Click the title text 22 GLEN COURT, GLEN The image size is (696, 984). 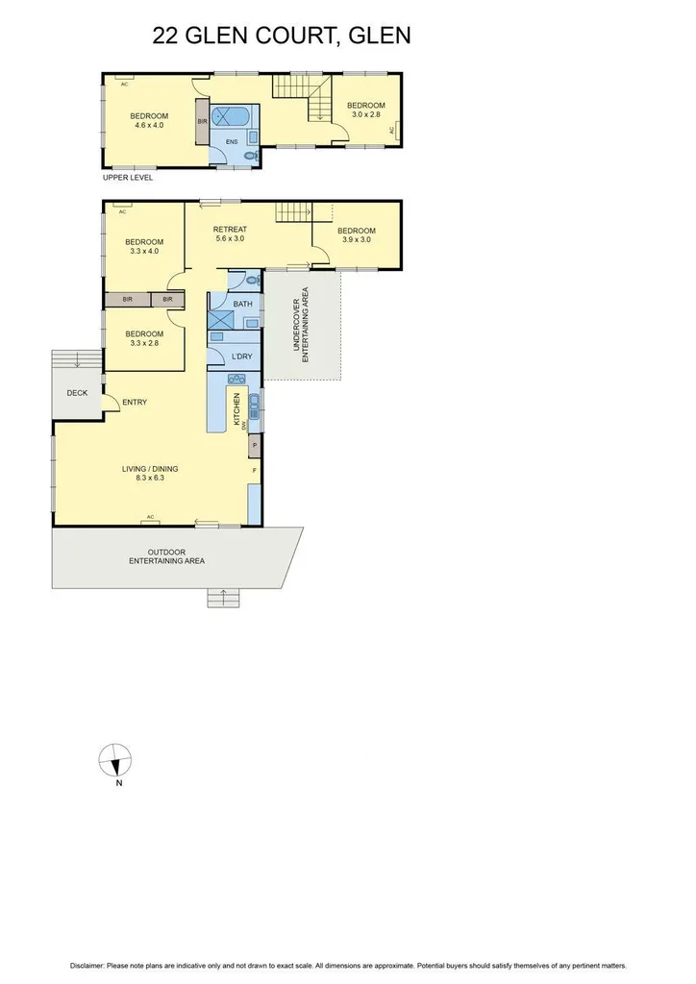[282, 37]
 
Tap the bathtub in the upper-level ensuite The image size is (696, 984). [230, 117]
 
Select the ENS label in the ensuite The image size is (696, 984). [231, 142]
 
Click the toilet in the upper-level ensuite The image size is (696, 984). [251, 156]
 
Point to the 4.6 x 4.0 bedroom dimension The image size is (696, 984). [149, 125]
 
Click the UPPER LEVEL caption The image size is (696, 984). [128, 178]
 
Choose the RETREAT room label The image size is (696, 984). [230, 229]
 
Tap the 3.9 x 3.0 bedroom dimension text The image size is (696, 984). [356, 240]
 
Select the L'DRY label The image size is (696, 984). [242, 357]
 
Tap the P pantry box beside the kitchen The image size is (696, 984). [255, 446]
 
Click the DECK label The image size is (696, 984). [77, 393]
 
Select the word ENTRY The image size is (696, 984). [135, 403]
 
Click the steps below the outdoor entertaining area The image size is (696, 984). [222, 597]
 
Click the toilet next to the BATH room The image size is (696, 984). [251, 281]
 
